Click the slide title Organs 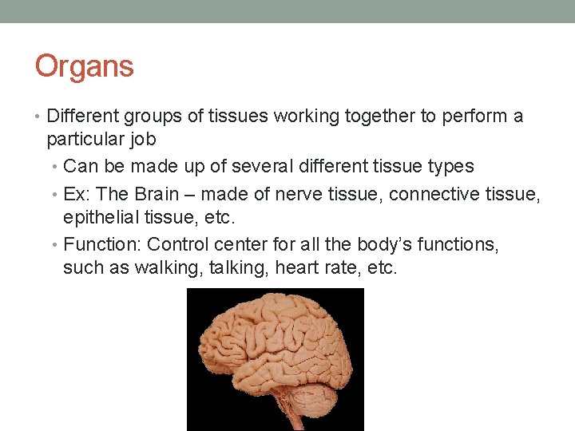pyautogui.click(x=84, y=66)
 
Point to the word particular pyautogui.click(x=83, y=140)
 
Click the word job pyautogui.click(x=141, y=140)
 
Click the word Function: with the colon pyautogui.click(x=102, y=244)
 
